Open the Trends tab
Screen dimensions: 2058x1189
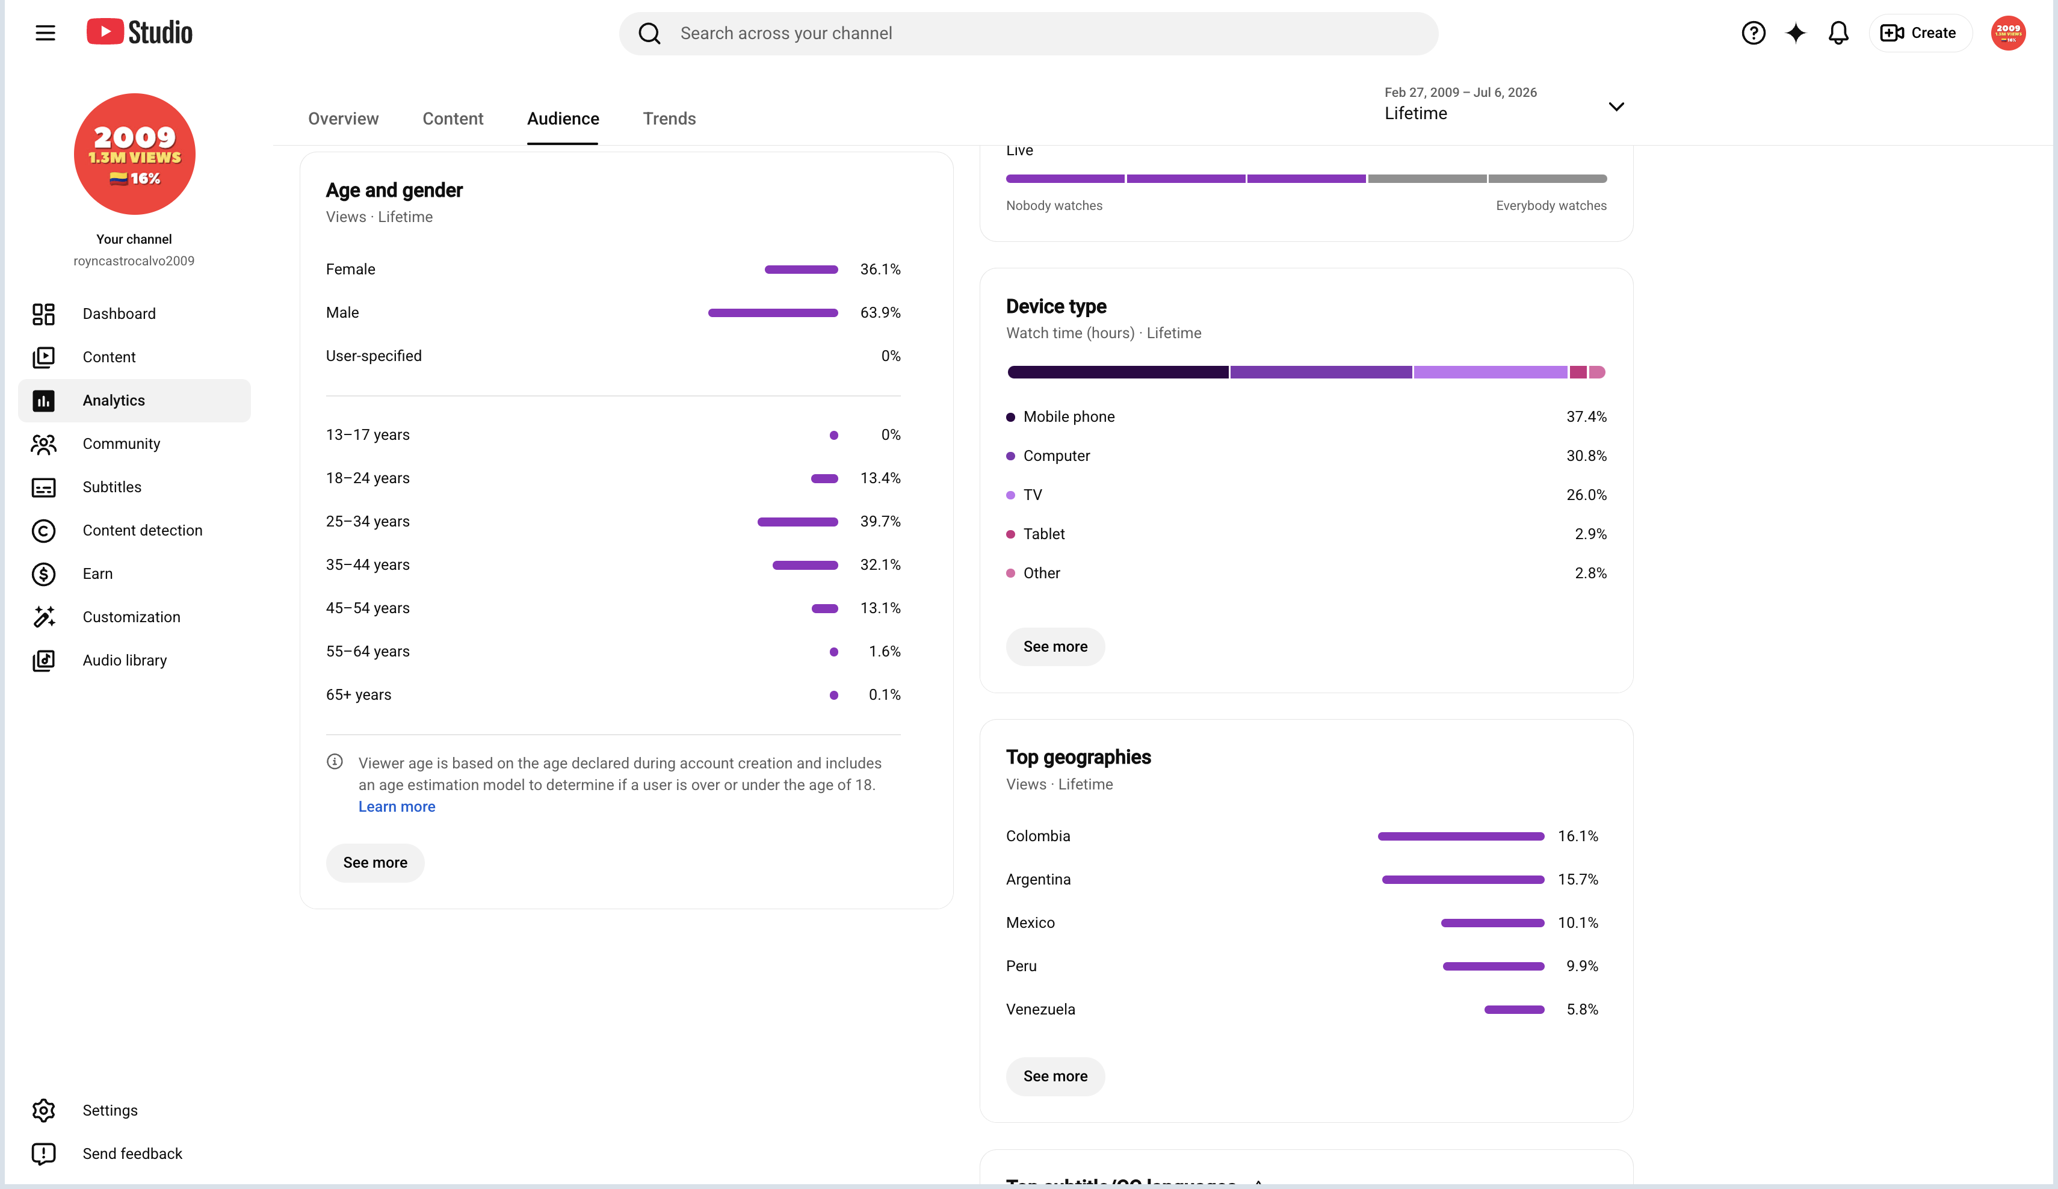669,119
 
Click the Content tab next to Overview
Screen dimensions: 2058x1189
453,119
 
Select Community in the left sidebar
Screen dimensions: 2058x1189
121,443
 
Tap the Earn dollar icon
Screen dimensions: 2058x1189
43,574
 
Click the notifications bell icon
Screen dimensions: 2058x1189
1838,32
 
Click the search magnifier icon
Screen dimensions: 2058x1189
649,34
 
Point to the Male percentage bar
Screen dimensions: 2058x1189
773,313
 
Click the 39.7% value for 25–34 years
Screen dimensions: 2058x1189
880,521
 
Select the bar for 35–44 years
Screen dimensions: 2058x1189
805,565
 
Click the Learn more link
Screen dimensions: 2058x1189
397,807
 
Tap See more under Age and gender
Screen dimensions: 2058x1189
375,862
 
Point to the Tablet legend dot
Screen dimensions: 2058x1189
1010,534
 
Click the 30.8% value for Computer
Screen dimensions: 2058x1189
1586,456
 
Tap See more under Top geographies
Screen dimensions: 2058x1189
1055,1076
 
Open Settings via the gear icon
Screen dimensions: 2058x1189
43,1111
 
